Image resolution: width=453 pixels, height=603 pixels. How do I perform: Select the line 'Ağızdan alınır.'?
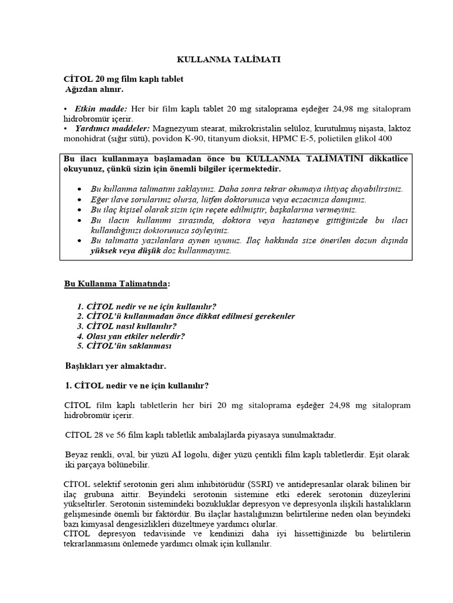pos(96,90)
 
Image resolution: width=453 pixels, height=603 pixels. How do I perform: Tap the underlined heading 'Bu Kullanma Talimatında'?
pos(116,284)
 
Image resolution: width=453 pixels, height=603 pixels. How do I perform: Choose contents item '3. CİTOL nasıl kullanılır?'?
pos(127,326)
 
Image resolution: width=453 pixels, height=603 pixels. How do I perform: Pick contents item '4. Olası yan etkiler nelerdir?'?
pos(131,336)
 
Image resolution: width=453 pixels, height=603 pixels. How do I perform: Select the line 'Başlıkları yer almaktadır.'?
pos(115,366)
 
